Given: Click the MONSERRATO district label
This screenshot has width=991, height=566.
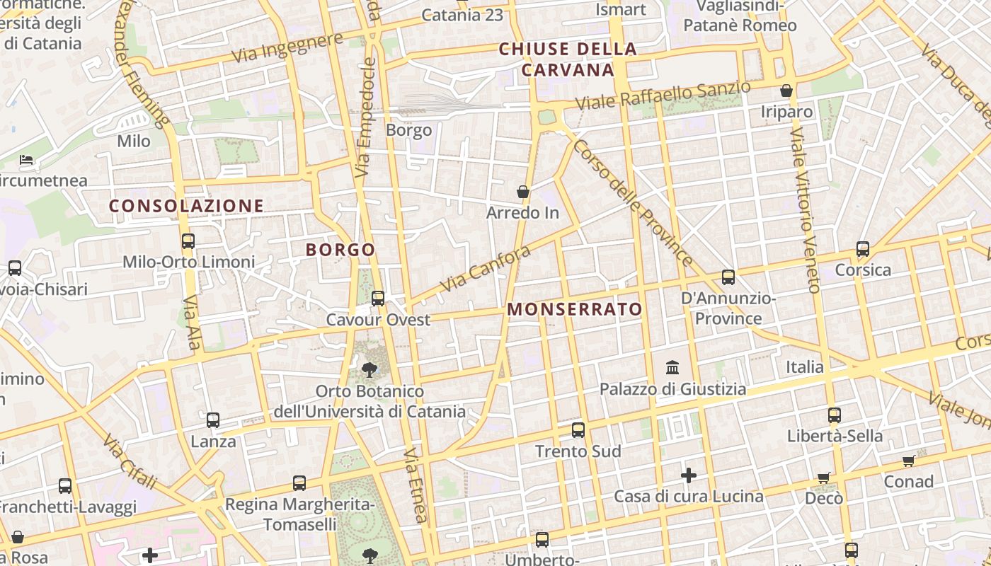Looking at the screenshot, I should point(575,309).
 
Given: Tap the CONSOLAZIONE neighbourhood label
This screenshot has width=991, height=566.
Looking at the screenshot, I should point(186,206).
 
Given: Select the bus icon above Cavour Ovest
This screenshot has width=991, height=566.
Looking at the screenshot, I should point(378,299).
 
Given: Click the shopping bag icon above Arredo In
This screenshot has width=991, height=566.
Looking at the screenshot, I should point(522,192).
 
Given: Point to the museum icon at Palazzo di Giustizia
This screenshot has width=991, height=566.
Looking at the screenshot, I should point(672,368).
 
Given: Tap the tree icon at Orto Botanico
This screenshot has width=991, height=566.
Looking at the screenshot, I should point(369,369).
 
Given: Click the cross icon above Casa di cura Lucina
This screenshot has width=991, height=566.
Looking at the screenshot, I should point(688,475).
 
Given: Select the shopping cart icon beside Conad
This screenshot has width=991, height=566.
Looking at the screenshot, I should point(908,461).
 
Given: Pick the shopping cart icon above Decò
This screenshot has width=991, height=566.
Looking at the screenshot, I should point(823,478).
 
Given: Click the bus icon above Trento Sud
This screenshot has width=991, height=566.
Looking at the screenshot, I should point(578,430).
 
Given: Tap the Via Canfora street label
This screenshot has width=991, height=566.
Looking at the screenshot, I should point(485,269).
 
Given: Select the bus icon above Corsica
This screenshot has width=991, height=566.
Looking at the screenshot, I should point(862,249).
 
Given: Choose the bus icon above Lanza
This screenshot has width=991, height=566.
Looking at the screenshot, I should point(213,420).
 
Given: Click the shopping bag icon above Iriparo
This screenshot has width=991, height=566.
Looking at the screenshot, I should point(786,91).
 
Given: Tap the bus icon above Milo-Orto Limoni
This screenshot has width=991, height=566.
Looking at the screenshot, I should point(188,241).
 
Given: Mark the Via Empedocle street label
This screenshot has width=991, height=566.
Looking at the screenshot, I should point(365,117).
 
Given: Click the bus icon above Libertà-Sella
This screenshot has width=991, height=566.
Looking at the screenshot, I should point(835,415).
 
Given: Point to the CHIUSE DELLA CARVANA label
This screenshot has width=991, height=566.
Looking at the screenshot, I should point(568,59).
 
